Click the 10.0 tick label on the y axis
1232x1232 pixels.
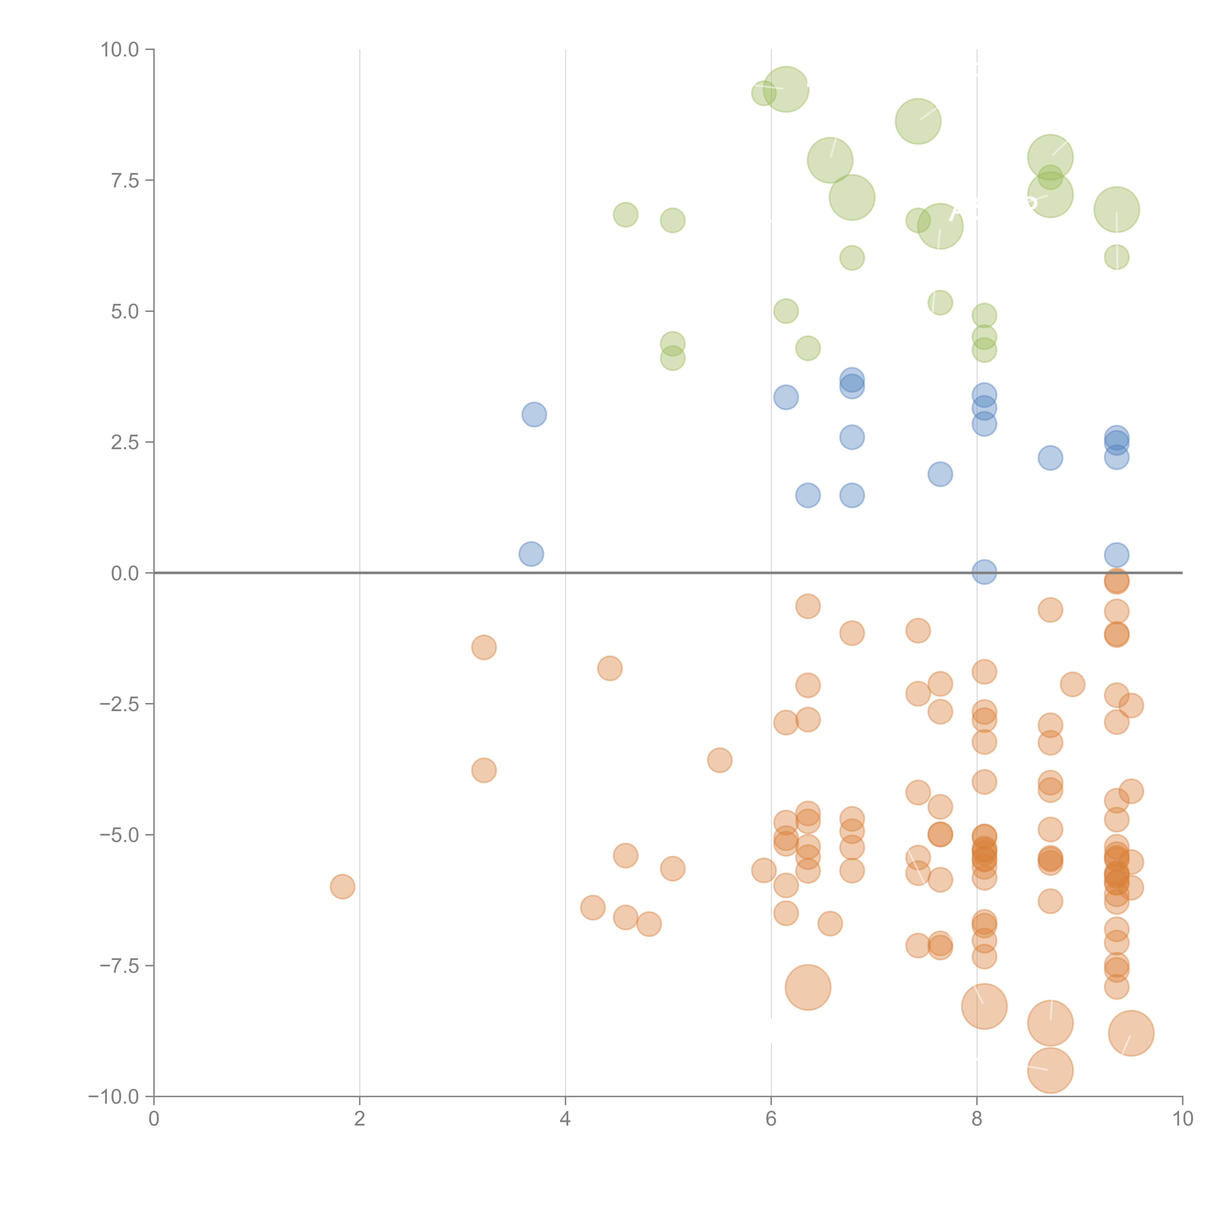[x=120, y=50]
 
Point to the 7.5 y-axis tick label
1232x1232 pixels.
[x=125, y=180]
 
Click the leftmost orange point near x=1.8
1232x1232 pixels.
[x=342, y=886]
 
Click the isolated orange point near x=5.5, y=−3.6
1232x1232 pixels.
[x=719, y=760]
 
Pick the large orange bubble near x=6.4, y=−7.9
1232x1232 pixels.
[x=808, y=987]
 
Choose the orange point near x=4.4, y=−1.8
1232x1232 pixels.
[x=610, y=668]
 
